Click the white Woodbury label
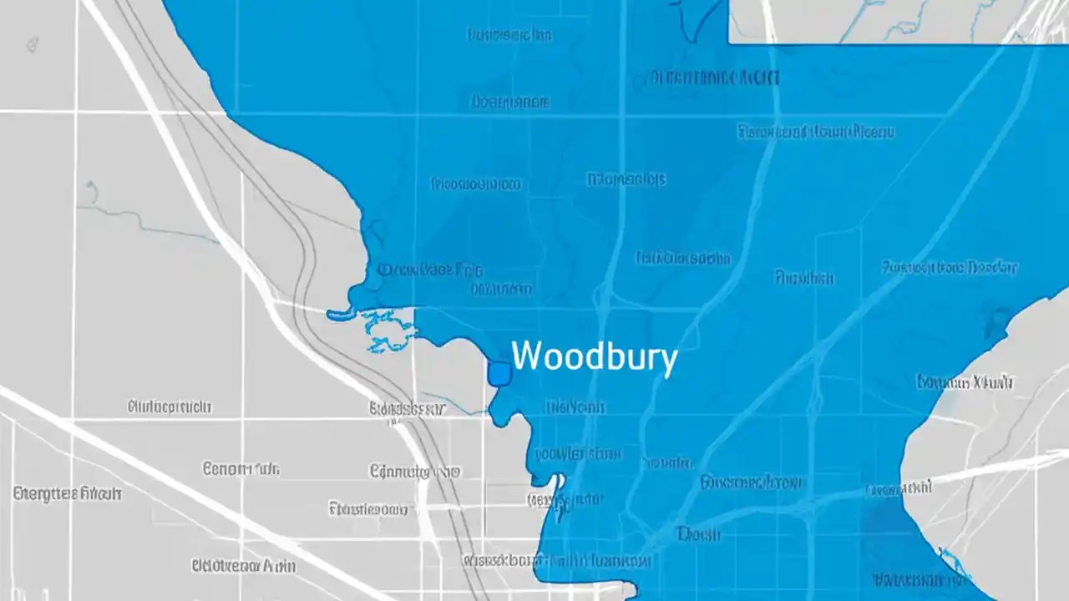[x=594, y=357]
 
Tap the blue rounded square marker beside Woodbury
[x=499, y=374]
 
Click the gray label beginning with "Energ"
[x=68, y=493]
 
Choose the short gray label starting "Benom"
[x=241, y=469]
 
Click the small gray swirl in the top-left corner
[x=33, y=43]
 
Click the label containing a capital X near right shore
[x=966, y=382]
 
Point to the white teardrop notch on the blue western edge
[x=555, y=484]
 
